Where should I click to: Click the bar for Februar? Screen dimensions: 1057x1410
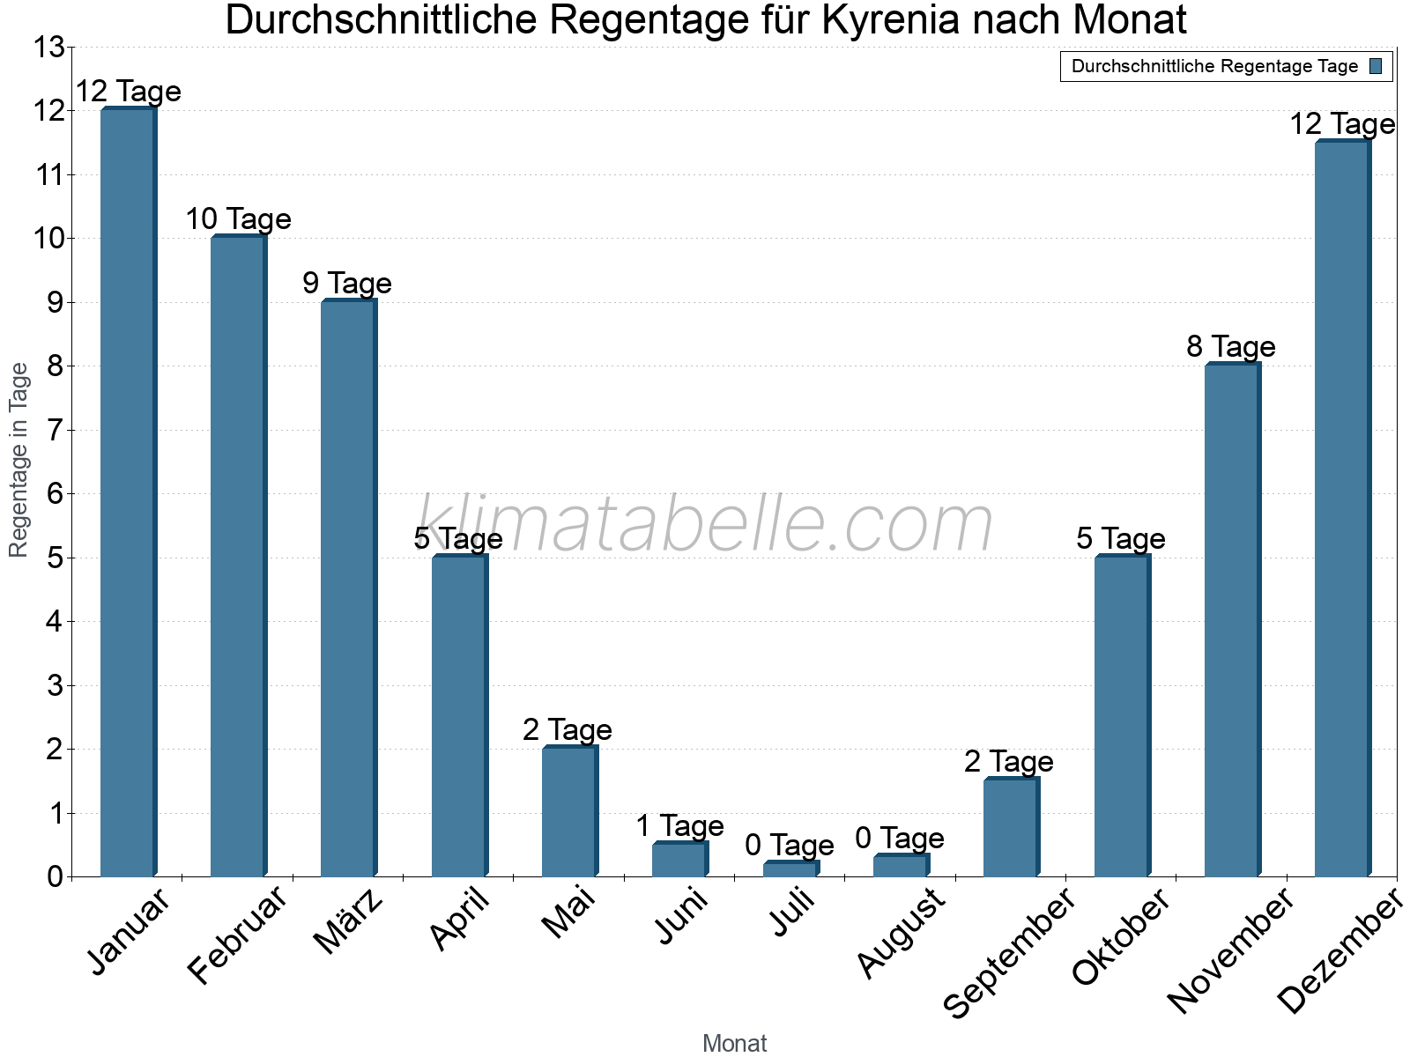pyautogui.click(x=238, y=556)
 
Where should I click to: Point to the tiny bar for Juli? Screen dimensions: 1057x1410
pyautogui.click(x=790, y=869)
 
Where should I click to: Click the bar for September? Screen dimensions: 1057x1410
pyautogui.click(x=1011, y=827)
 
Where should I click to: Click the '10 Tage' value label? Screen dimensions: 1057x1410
pyautogui.click(x=238, y=219)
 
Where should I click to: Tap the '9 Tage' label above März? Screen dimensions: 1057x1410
pyautogui.click(x=347, y=284)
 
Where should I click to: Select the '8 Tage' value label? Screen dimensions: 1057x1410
pyautogui.click(x=1231, y=347)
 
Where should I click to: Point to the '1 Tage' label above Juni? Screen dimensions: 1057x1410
pyautogui.click(x=679, y=826)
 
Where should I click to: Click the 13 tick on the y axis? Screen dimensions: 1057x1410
pyautogui.click(x=49, y=48)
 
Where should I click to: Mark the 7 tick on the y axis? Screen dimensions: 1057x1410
pyautogui.click(x=55, y=431)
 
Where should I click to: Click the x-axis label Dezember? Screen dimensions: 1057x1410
pyautogui.click(x=1339, y=951)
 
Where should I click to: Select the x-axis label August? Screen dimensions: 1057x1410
pyautogui.click(x=901, y=933)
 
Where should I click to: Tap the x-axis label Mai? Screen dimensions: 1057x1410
pyautogui.click(x=569, y=913)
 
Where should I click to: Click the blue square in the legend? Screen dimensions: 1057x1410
pyautogui.click(x=1376, y=66)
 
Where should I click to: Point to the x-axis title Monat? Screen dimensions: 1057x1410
pyautogui.click(x=734, y=1044)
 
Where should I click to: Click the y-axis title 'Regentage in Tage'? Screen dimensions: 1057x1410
pyautogui.click(x=19, y=460)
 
